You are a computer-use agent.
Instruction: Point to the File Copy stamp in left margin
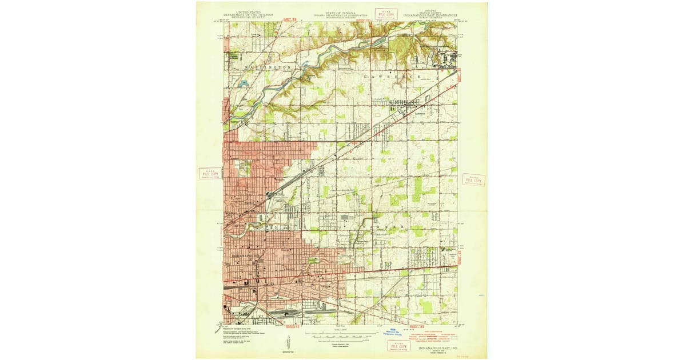[x=209, y=174]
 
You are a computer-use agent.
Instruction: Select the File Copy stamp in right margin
[x=473, y=179]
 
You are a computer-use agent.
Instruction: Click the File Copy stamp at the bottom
[x=398, y=345]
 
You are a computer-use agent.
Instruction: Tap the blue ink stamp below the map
[x=395, y=333]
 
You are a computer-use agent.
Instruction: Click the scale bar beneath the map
[x=340, y=337]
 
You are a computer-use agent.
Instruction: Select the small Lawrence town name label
[x=422, y=112]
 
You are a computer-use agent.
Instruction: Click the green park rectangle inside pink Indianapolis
[x=313, y=260]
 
